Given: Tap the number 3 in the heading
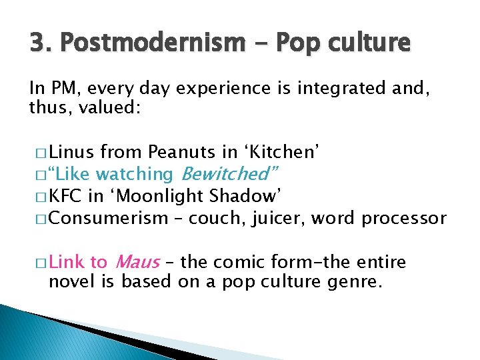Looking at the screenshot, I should tap(36, 43).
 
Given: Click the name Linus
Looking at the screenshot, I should tap(73, 152).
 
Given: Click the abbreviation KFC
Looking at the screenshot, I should tap(65, 196).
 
